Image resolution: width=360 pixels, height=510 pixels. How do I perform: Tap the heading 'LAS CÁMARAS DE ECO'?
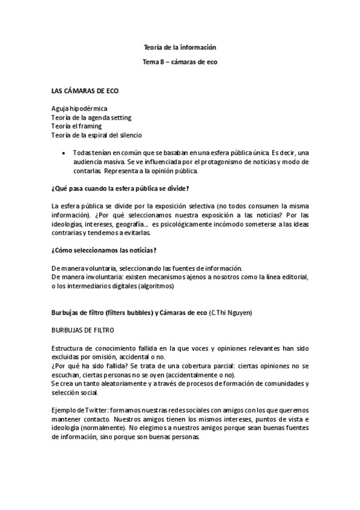click(85, 91)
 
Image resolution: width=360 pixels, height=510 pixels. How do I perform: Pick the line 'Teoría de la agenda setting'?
click(91, 117)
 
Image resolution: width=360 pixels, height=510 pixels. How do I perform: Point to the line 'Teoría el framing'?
click(76, 126)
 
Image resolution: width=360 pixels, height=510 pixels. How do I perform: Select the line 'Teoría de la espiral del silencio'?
click(97, 135)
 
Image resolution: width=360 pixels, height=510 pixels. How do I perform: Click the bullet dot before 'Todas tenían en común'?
click(64, 153)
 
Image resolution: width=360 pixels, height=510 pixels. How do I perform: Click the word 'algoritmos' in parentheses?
click(156, 286)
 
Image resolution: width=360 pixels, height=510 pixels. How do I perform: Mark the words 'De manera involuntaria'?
click(87, 277)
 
